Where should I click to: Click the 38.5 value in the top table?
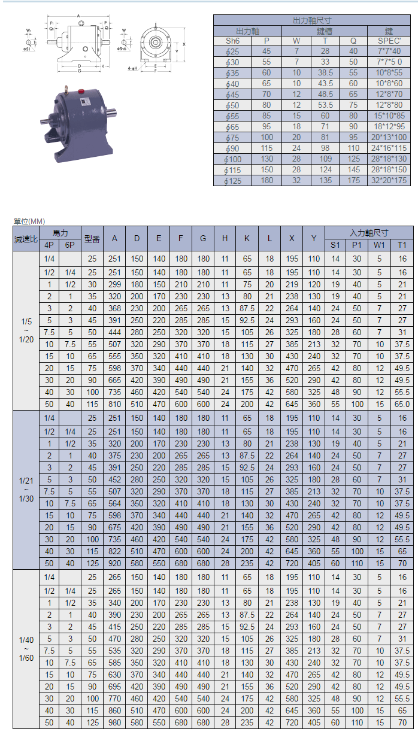click(326, 73)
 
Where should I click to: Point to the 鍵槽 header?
click(325, 31)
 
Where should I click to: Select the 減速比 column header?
click(25, 239)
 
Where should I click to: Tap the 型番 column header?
click(92, 239)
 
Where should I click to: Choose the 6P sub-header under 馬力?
click(70, 245)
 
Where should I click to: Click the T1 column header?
click(402, 245)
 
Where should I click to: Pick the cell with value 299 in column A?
click(114, 285)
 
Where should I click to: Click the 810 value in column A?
click(114, 404)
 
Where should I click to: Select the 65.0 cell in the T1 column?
click(402, 404)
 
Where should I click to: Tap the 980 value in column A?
click(114, 722)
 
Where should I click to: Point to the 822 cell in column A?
click(114, 551)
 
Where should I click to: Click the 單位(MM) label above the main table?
click(29, 221)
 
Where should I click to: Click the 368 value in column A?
click(114, 308)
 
